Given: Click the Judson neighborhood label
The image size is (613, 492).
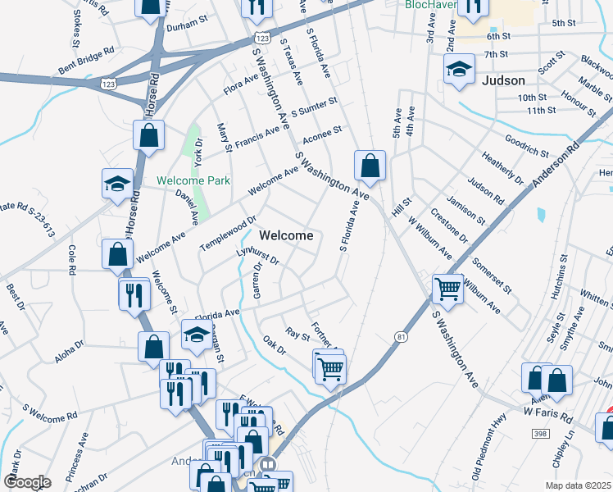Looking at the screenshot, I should pos(503,80).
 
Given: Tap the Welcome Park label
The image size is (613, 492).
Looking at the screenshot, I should pos(193,180).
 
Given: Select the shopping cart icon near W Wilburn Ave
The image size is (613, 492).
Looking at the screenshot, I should pos(447,288).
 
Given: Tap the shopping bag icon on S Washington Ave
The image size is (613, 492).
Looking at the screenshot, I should pos(370,166).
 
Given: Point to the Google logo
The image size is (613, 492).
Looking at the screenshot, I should pos(27,482).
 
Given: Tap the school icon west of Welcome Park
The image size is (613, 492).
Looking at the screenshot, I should pos(117,184).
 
